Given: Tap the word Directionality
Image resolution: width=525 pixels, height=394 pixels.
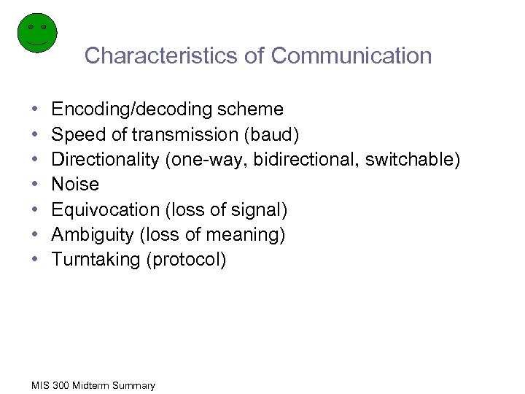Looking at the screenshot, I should pos(107,160).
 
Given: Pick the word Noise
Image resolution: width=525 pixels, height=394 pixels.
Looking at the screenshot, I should pos(75,185).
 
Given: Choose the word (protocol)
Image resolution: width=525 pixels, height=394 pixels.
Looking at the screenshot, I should pos(187,260).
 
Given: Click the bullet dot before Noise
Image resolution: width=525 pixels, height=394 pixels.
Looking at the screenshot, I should pos(36,185).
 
